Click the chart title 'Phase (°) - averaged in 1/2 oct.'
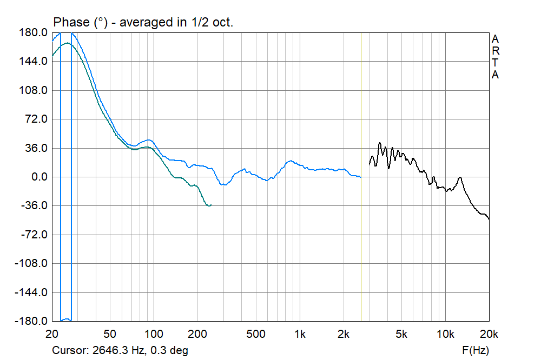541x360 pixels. pos(143,22)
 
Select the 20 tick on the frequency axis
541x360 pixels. pos(52,334)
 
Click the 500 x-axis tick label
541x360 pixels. pos(256,334)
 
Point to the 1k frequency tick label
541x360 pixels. pos(300,334)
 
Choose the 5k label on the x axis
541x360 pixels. pos(401,334)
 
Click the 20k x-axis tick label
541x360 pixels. pos(489,334)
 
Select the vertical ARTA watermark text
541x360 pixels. pos(494,57)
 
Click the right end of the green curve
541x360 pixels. pos(211,205)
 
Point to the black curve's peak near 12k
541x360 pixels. pos(460,177)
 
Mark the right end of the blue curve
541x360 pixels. pos(360,177)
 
